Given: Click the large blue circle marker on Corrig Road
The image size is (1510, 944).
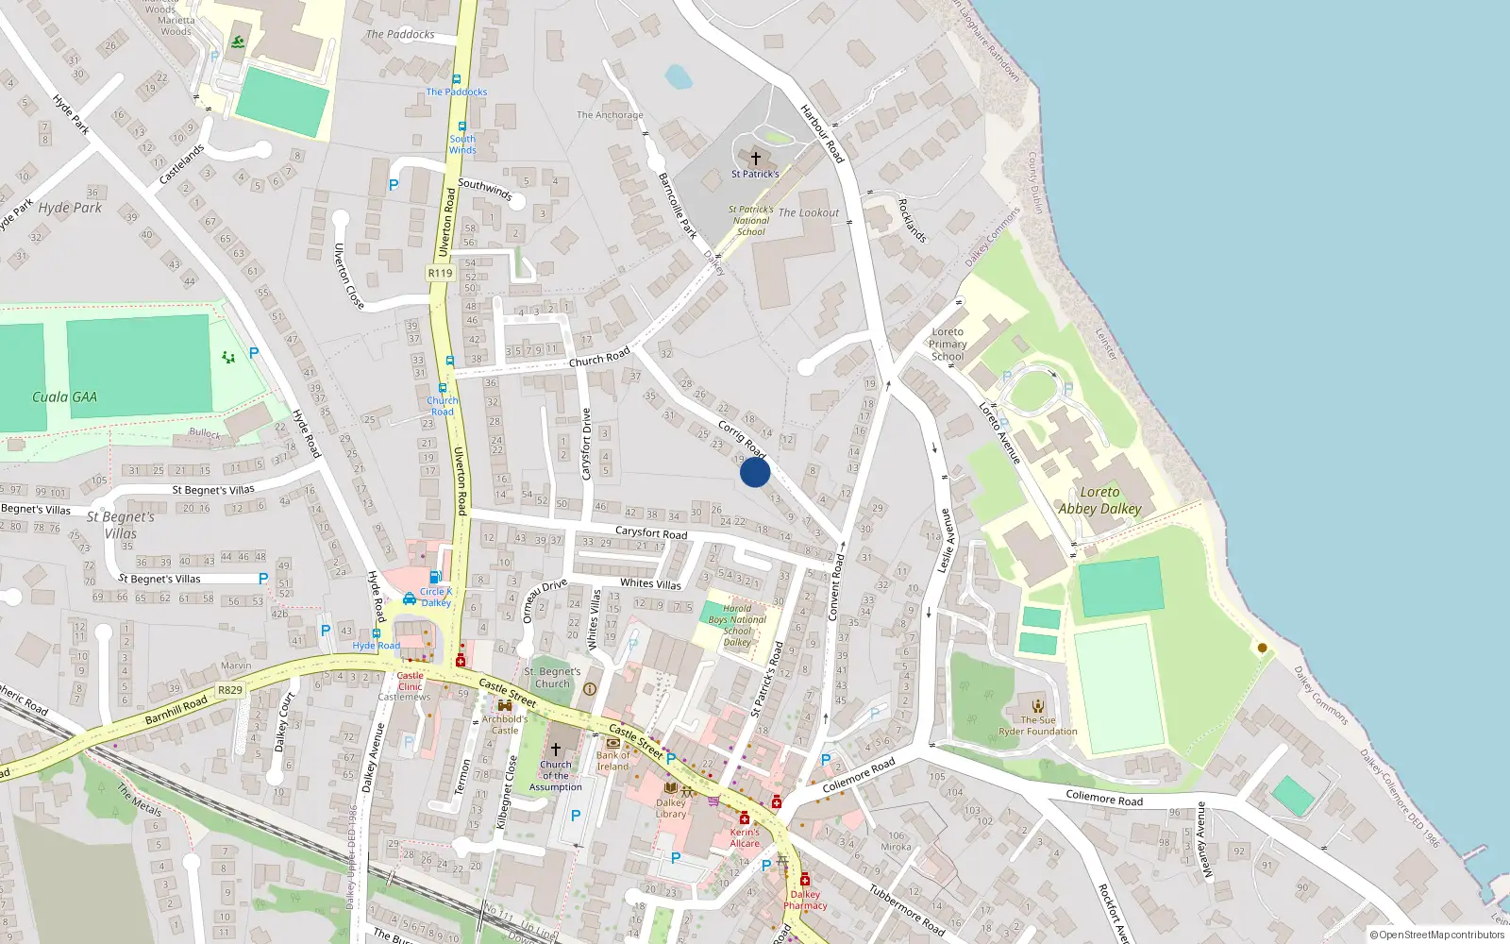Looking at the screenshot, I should click(x=755, y=472).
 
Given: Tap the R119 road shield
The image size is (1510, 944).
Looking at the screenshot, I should click(x=440, y=273).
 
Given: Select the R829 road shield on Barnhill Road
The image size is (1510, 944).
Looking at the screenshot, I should click(x=230, y=690).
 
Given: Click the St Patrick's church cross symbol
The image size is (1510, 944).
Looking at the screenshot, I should click(x=755, y=159).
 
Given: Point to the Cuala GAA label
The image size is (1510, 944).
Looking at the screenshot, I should click(x=64, y=397).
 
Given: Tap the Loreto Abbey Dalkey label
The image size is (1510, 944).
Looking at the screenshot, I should click(x=1099, y=500).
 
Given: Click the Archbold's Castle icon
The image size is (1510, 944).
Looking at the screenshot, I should click(x=504, y=705).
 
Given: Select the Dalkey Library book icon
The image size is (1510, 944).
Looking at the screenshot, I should click(x=671, y=788).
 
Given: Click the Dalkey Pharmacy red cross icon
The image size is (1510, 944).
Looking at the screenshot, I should click(x=805, y=880).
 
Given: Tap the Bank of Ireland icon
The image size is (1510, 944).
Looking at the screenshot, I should click(x=613, y=743).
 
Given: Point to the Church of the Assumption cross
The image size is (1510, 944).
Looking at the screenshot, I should click(x=556, y=749).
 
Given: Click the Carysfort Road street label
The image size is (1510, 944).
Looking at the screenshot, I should click(x=651, y=533).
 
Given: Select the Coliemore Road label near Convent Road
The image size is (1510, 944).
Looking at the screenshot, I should click(x=858, y=775).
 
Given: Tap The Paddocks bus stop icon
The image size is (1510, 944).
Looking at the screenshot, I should click(x=457, y=80).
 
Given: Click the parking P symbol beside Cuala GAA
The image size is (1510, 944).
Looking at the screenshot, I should click(x=254, y=353).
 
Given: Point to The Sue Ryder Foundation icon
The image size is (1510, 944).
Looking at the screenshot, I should click(x=1038, y=706).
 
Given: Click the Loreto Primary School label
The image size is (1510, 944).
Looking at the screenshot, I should click(x=948, y=344).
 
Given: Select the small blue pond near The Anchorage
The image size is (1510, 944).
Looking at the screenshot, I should click(x=679, y=76).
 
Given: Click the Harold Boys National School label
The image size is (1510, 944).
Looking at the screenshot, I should click(x=738, y=625).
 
